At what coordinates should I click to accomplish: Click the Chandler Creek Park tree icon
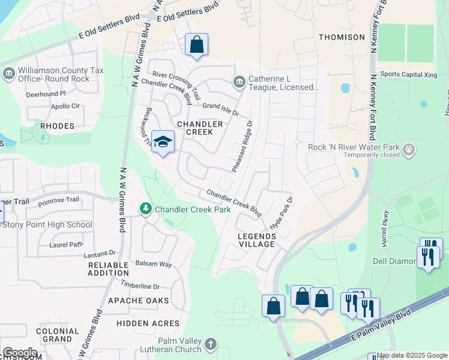145,209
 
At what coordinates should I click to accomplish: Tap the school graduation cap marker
163,142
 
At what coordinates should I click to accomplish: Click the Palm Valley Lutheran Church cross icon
210,344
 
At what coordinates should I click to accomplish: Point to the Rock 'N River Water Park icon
408,148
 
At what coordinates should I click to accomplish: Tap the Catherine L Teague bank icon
239,81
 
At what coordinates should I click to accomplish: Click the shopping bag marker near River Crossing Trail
196,44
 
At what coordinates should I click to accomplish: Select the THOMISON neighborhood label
342,37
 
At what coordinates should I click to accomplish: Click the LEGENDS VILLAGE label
257,240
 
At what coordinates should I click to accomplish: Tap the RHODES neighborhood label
57,126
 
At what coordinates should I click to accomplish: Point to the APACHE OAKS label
143,300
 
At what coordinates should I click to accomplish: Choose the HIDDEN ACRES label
140,323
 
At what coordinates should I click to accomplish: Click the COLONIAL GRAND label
58,335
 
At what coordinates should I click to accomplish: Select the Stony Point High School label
47,225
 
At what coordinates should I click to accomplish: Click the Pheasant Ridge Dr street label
242,146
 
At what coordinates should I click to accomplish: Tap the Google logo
19,353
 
